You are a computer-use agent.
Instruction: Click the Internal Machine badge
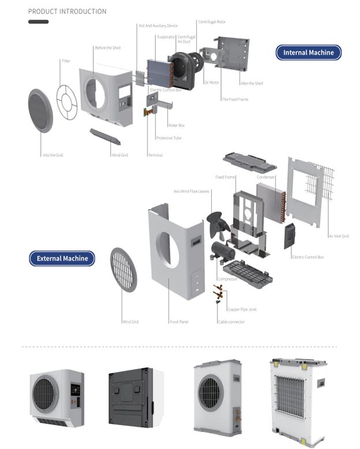coord(308,53)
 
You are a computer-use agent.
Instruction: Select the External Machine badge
coord(62,258)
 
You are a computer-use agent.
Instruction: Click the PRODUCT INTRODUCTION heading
coord(67,12)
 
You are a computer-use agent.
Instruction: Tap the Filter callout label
coord(66,61)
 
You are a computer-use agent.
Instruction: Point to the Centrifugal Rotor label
coord(212,22)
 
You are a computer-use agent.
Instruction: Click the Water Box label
coord(176,125)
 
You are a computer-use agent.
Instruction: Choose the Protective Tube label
coord(168,138)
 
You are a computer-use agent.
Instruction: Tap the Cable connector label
coord(231,321)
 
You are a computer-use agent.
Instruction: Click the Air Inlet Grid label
coord(338,236)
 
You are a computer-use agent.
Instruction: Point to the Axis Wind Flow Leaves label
coord(191,191)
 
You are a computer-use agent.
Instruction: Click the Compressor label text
coord(227,279)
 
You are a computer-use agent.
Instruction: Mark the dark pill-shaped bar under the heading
coord(38,22)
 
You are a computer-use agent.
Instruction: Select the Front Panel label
coord(178,321)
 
